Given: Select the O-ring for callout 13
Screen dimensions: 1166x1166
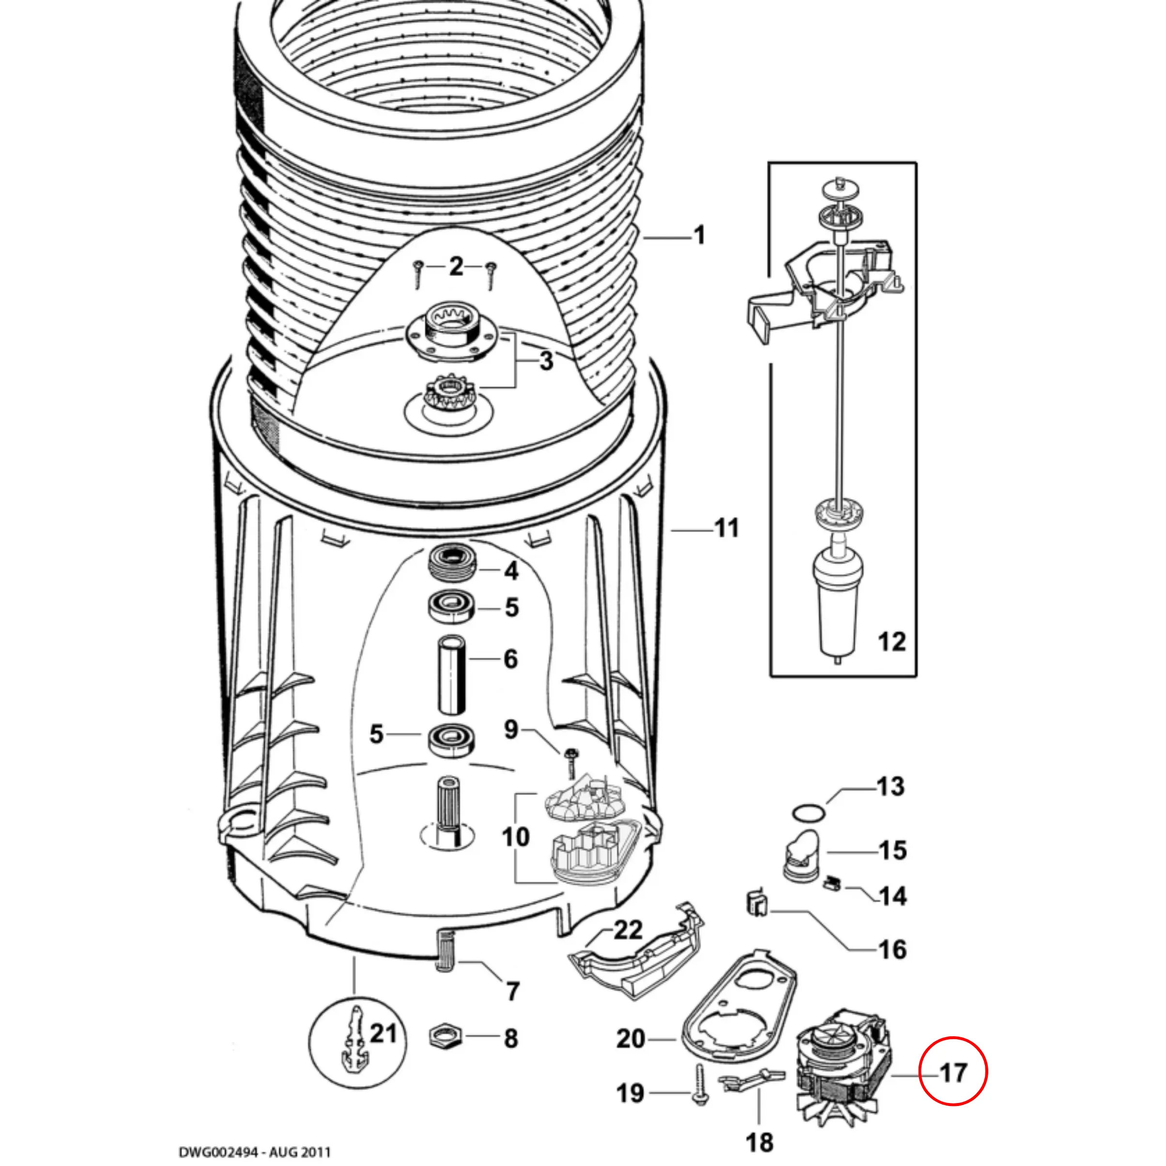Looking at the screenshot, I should click(808, 813).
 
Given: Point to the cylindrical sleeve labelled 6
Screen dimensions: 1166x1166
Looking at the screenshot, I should click(451, 675).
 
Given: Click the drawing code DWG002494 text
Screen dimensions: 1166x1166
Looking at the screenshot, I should click(255, 1152).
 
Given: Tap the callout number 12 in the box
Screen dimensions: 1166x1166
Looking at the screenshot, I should click(891, 642).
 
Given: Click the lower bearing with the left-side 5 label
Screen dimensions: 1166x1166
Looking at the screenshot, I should click(451, 739).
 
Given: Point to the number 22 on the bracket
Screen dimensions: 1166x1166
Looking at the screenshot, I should click(628, 930).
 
